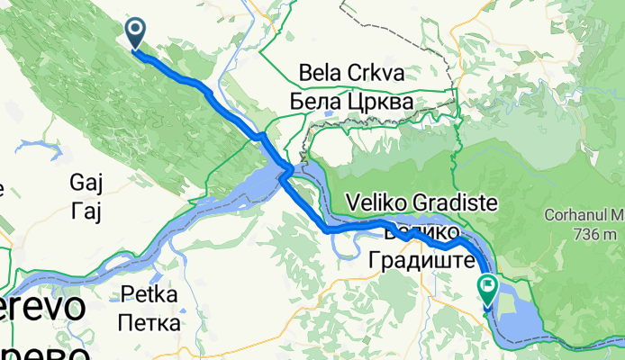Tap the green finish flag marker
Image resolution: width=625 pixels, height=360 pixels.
point(488,289)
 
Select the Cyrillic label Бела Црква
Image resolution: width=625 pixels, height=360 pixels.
point(352,102)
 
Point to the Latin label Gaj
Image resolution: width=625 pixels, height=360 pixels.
point(87,184)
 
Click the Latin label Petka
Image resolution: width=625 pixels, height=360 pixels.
point(150,293)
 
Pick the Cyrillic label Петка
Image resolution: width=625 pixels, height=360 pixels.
point(150,319)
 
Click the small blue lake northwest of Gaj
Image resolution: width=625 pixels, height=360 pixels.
point(34,144)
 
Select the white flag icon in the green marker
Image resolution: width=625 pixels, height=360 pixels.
point(488,287)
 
